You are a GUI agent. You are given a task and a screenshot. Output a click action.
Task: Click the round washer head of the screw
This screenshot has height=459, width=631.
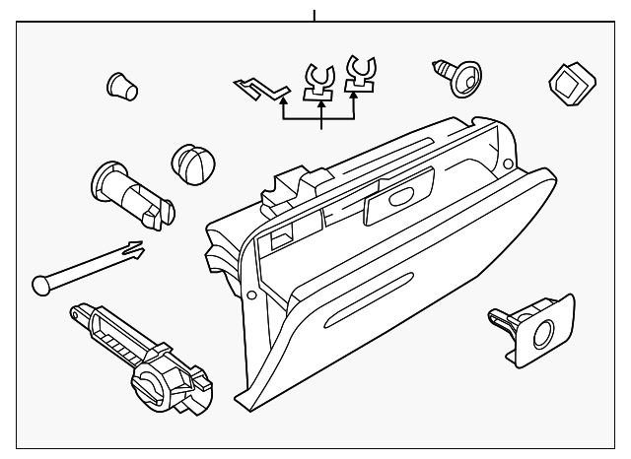click(466, 78)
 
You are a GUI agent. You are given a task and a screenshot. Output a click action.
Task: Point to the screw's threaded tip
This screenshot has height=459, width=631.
click(438, 66)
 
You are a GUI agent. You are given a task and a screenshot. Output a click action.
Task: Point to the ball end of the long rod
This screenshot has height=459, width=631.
click(39, 284)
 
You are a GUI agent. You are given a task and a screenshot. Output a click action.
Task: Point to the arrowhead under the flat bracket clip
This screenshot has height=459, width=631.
click(284, 98)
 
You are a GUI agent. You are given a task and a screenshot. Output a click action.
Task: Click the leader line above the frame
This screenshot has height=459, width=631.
click(315, 14)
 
